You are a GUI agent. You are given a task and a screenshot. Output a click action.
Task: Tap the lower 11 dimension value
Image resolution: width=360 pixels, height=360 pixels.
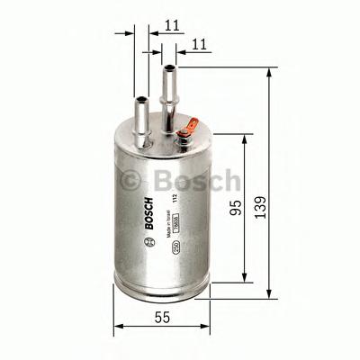coord(199,42)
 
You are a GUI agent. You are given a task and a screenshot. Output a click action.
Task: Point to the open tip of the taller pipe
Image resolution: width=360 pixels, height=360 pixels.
coord(168,66)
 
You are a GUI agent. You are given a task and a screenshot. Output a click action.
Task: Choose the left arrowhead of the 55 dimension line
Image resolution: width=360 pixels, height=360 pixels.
coord(118,328)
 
